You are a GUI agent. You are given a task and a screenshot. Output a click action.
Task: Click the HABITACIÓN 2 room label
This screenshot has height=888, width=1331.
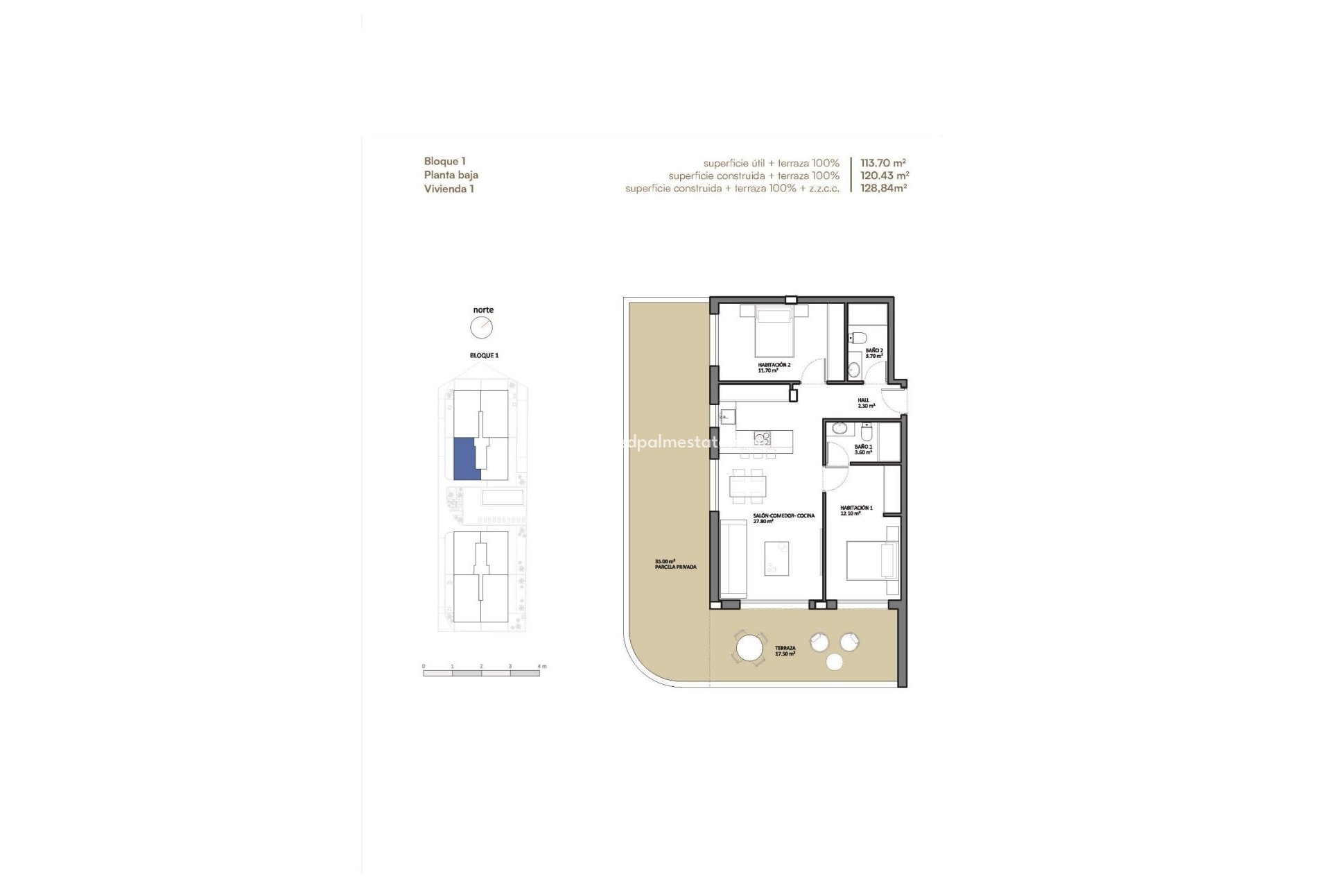(x=774, y=367)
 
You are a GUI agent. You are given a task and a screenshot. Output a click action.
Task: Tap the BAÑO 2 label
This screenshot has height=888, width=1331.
(x=873, y=353)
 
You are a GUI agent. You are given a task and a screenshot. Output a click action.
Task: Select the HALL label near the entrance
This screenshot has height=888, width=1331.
(x=865, y=402)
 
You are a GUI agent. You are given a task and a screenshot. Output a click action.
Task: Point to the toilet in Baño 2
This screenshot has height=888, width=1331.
(x=858, y=338)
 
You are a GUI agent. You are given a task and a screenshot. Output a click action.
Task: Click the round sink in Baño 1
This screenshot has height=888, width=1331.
(x=840, y=428)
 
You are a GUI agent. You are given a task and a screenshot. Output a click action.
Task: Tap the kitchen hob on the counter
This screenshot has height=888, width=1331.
(x=763, y=438)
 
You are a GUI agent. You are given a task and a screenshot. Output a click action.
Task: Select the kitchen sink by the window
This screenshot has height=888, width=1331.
(x=727, y=416)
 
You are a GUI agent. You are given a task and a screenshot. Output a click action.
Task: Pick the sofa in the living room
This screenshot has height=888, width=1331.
(x=733, y=558)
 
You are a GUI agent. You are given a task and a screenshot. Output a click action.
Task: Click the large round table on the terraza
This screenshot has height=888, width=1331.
(x=750, y=649)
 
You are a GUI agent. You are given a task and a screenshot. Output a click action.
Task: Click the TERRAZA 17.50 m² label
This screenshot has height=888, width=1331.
(x=785, y=651)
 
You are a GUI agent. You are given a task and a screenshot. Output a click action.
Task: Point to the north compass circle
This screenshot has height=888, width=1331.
(x=481, y=327)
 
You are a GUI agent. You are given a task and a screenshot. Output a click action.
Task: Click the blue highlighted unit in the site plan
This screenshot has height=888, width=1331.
(x=464, y=458)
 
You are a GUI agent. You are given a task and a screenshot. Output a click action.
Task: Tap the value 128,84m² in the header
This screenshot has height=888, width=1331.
(x=883, y=188)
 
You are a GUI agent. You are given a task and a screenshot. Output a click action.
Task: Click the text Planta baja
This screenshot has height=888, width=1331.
(x=451, y=175)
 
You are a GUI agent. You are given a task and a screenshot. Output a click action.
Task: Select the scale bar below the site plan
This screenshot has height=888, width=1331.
(x=481, y=672)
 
